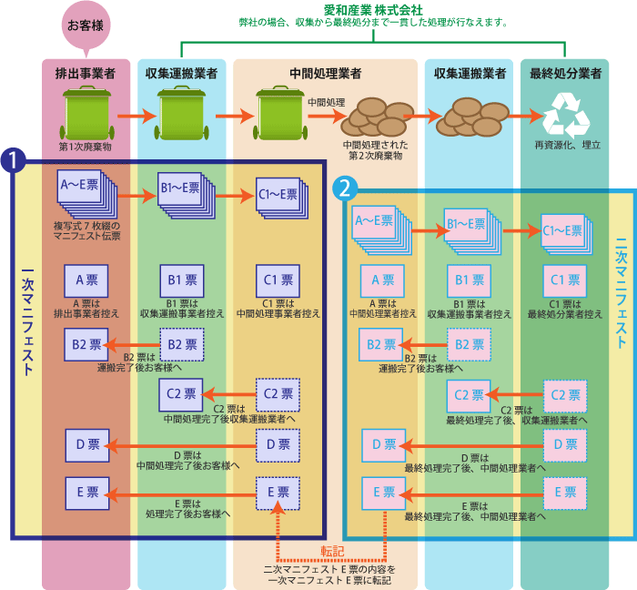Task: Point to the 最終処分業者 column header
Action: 564,73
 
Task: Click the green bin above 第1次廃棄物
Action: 85,114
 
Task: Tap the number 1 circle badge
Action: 13,159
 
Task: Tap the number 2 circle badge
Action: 345,188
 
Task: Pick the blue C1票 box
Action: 277,280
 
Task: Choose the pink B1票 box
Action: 468,280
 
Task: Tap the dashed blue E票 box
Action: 278,493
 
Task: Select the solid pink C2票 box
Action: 468,395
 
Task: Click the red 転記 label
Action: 332,550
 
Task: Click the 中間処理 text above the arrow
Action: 326,102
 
